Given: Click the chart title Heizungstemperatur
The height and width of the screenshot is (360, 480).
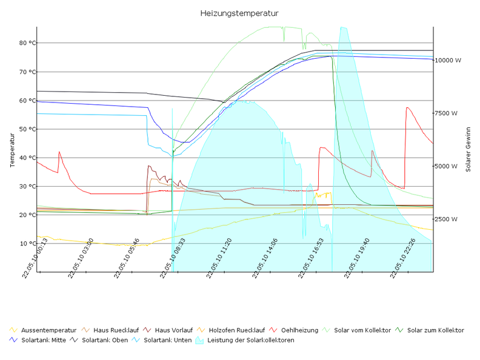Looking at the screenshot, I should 239,13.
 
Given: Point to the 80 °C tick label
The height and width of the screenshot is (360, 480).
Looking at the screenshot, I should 28,43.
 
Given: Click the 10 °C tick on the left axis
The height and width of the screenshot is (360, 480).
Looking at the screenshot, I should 28,244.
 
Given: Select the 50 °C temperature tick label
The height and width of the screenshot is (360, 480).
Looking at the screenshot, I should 28,129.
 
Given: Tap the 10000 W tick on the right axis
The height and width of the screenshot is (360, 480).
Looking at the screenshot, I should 450,61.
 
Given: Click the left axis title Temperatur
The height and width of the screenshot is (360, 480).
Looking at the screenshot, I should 13,149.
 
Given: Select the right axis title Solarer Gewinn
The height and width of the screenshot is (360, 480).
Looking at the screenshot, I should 468,149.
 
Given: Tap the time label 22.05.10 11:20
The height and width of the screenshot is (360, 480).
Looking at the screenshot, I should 219,258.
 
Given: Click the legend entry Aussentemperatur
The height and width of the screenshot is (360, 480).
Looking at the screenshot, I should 48,330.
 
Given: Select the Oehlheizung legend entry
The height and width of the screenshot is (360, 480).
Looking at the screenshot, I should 299,330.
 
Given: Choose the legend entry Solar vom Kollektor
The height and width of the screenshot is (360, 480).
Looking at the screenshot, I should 362,330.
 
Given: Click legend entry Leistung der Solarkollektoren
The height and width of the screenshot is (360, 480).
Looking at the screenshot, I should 250,340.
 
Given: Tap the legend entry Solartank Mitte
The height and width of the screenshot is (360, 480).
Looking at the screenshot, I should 44,340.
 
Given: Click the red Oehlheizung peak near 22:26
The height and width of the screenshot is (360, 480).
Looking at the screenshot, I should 407,108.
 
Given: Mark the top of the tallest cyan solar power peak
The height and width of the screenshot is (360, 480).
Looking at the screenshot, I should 343,27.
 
